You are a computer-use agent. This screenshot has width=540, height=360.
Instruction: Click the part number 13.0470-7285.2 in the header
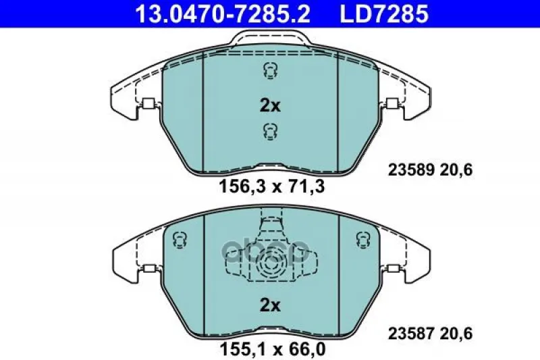click(x=223, y=14)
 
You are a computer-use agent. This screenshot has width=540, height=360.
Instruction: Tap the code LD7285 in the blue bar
click(x=384, y=14)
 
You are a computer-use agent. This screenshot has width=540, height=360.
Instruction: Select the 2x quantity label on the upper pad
click(x=270, y=106)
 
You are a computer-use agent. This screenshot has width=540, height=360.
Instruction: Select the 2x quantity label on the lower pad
click(x=270, y=305)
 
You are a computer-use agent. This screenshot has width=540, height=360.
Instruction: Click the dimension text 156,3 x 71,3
click(x=272, y=187)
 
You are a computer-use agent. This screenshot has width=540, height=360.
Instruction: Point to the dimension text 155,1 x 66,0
click(x=272, y=349)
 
